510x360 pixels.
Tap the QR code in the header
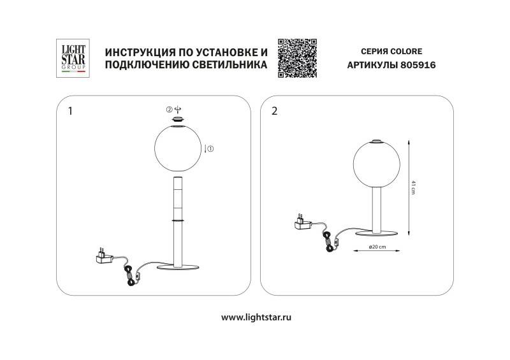(x=298, y=58)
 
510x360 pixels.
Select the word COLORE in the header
(x=405, y=51)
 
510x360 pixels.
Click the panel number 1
(x=70, y=111)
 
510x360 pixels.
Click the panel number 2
(x=275, y=111)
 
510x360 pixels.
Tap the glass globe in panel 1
(x=178, y=148)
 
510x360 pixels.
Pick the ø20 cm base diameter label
(x=377, y=247)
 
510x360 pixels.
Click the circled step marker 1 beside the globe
(x=210, y=148)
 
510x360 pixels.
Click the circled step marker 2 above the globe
(x=169, y=109)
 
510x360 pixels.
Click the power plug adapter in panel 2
(x=300, y=222)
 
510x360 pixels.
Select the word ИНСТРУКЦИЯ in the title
(x=138, y=52)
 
